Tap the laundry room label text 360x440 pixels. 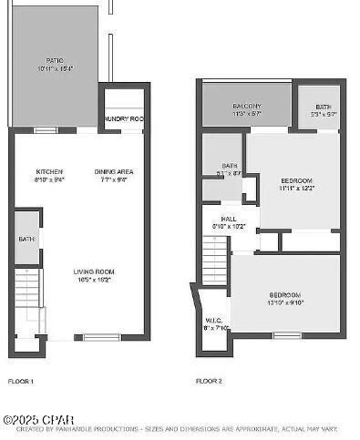(x=124, y=119)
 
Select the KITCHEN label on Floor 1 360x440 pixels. (x=49, y=172)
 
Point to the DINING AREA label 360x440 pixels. (x=114, y=172)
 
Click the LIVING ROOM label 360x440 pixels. (x=94, y=271)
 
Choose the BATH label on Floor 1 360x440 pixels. (x=26, y=240)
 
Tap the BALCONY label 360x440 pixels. (x=247, y=106)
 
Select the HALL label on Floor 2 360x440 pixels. (x=229, y=219)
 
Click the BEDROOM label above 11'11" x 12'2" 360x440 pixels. (x=296, y=181)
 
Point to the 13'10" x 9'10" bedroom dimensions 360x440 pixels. (x=284, y=303)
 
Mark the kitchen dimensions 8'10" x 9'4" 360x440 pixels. (x=49, y=180)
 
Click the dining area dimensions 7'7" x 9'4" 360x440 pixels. (x=114, y=180)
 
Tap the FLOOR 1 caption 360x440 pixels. (x=21, y=381)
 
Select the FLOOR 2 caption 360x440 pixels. (x=210, y=381)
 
